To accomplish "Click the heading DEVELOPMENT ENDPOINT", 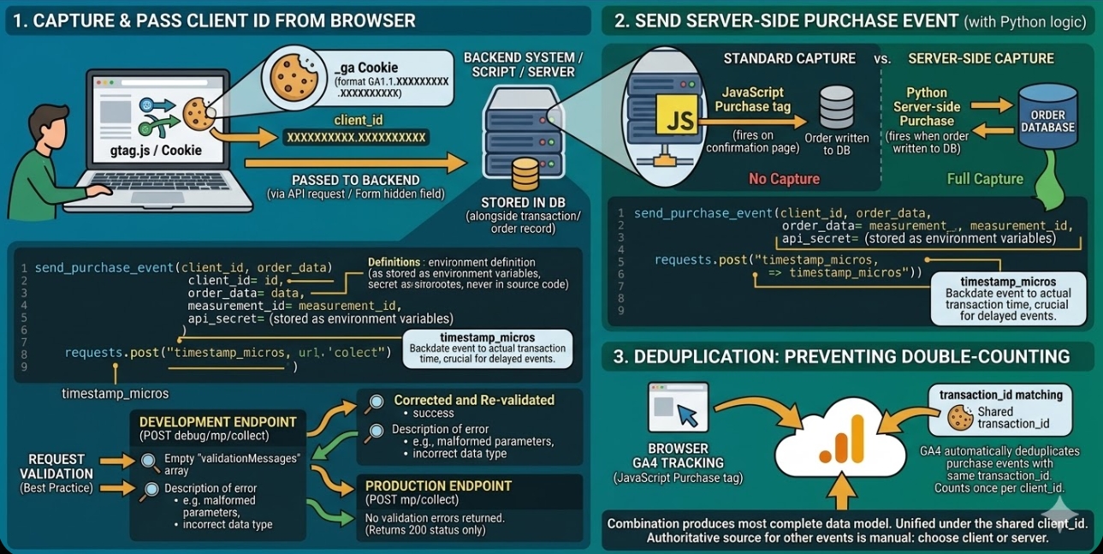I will [217, 422].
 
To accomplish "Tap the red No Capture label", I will [783, 179].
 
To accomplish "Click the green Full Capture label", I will [985, 179].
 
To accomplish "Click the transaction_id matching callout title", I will [1000, 395].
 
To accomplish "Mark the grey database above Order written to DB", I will [836, 107].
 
